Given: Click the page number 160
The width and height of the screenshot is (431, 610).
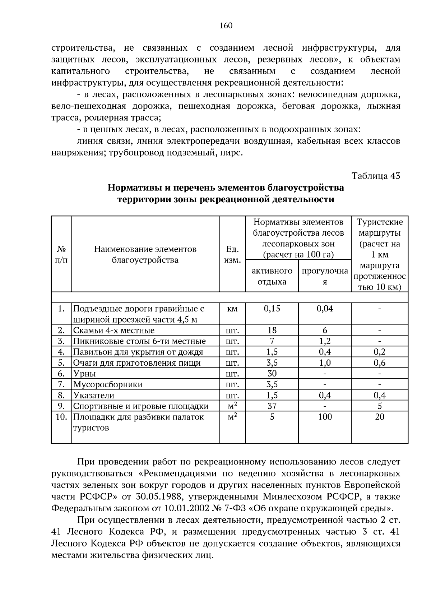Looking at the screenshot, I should (226, 26).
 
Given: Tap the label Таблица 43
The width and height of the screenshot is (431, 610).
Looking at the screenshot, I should (376, 176).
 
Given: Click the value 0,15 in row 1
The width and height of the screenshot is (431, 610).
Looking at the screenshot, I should (272, 308).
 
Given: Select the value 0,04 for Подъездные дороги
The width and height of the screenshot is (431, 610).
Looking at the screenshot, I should (325, 308).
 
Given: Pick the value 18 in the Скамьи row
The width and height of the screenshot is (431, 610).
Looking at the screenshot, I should (272, 330).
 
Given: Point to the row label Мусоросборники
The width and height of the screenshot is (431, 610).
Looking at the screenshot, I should (108, 384).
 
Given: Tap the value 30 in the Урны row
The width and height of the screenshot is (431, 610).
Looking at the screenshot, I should (272, 374).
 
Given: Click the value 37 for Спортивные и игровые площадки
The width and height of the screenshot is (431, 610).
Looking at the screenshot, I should (272, 406).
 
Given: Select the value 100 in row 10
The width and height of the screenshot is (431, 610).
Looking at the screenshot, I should (325, 417).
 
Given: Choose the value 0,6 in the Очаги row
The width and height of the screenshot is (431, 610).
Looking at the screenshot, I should (380, 363).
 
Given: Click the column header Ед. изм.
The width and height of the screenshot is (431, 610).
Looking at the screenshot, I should (232, 254).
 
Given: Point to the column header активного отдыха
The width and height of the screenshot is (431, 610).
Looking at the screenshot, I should (272, 276).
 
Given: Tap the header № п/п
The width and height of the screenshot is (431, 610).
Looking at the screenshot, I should (61, 254).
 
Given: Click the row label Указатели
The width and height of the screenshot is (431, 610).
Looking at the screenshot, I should (94, 395).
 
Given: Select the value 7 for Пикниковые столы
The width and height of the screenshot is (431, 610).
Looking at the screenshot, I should (272, 341).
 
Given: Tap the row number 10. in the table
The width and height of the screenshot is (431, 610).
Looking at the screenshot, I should (61, 417).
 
